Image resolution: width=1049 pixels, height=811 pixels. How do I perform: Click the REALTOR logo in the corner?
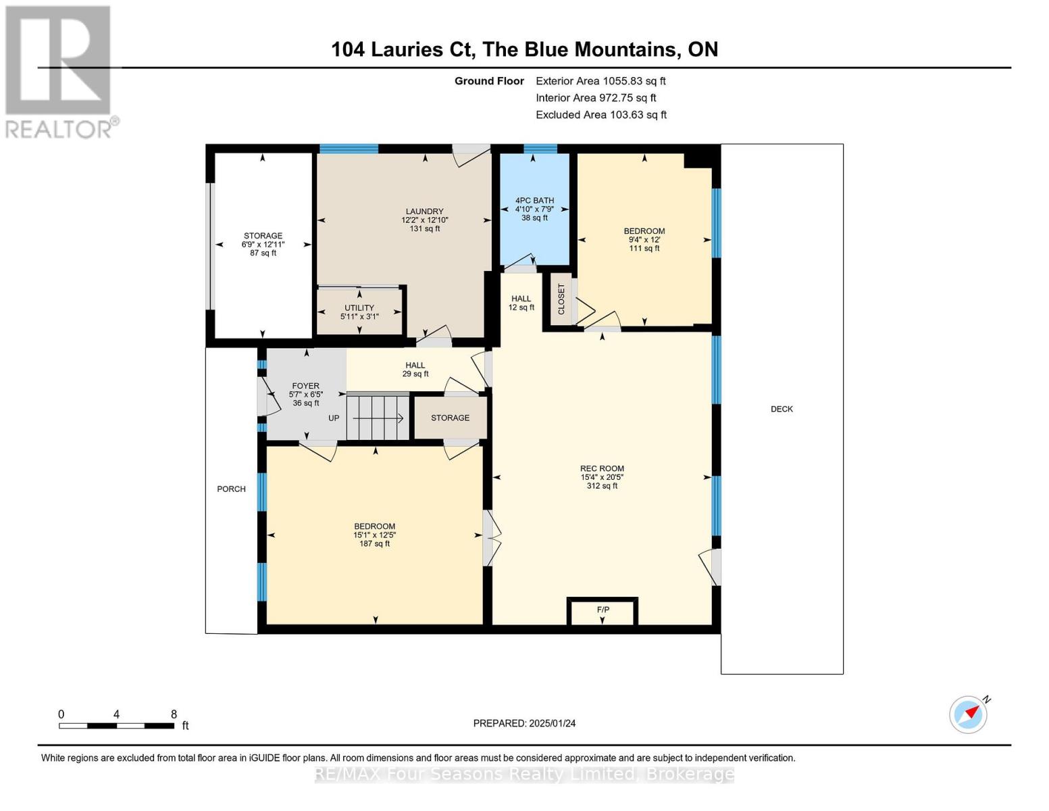tap(59, 71)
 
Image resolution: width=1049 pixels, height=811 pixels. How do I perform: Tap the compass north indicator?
tap(969, 714)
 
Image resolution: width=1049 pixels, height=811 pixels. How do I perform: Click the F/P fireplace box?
tap(603, 612)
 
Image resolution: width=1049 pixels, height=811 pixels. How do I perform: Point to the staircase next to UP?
tap(378, 418)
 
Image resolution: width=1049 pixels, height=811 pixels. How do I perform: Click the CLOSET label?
tap(561, 299)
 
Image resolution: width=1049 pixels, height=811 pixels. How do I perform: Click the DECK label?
tap(782, 409)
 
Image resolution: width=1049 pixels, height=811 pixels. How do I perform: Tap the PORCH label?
tap(231, 489)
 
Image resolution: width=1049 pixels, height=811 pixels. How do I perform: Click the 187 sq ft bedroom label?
tap(375, 535)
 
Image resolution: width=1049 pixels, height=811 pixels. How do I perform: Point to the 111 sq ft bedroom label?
tap(644, 239)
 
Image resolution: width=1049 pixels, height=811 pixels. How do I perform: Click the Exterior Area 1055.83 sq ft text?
tap(600, 81)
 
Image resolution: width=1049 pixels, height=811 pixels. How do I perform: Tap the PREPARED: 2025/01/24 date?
tap(524, 723)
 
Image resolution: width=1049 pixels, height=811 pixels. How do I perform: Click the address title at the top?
tap(524, 49)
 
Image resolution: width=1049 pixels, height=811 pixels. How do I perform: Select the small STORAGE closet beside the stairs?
tap(450, 418)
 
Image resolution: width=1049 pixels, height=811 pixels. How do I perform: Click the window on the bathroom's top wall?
tap(540, 149)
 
